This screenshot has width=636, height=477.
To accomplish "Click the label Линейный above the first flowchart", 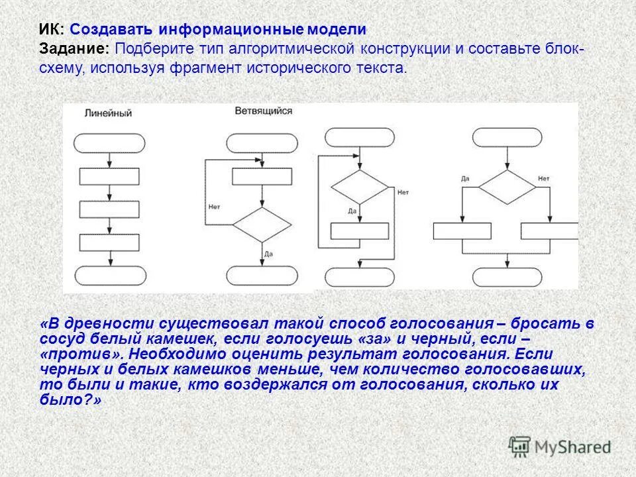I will [x=108, y=113].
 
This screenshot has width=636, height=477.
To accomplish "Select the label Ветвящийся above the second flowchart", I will [x=263, y=111].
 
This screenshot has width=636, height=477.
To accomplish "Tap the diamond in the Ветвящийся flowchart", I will [x=257, y=225].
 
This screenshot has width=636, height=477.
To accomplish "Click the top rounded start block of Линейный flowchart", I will [x=109, y=143].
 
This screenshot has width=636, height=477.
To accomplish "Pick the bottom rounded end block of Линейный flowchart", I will [x=109, y=275].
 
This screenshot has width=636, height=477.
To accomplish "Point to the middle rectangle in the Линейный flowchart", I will [x=109, y=209].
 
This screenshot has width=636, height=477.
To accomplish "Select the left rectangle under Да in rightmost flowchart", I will [x=462, y=231].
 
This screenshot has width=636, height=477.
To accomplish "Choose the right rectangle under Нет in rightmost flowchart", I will [x=549, y=231].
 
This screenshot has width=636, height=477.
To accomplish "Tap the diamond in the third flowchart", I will [x=359, y=187].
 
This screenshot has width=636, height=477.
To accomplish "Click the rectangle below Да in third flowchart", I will [x=359, y=231].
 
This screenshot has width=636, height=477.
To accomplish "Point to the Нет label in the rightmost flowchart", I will [x=543, y=179].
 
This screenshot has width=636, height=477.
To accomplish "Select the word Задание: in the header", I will [x=75, y=50].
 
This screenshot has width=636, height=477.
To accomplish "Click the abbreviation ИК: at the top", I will [x=51, y=30].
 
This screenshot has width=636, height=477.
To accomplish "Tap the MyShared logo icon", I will [x=520, y=447].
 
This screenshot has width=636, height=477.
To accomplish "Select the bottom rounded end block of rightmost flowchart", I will [x=507, y=275].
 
